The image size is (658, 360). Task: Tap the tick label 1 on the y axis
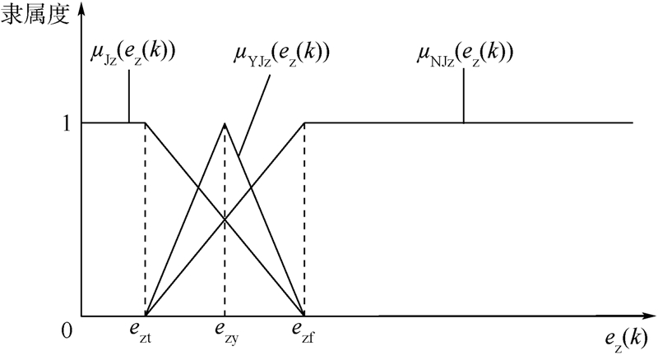pos(69,123)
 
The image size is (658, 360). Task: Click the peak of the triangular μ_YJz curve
pos(225,123)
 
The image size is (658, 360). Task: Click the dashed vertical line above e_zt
pos(145,222)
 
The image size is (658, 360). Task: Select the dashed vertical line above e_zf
pos(304,222)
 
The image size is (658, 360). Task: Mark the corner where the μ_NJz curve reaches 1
pos(304,123)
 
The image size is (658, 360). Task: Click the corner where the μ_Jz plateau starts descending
pos(145,123)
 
